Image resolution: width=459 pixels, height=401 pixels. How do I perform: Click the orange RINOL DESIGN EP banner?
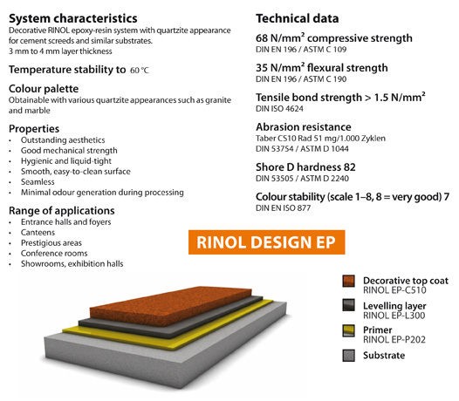click(x=266, y=242)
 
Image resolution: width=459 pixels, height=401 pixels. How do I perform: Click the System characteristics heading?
click(x=73, y=18)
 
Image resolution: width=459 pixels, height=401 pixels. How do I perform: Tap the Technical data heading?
click(x=297, y=18)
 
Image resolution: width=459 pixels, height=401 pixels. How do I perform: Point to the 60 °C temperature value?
click(x=140, y=71)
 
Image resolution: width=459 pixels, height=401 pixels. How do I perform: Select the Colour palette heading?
click(x=44, y=89)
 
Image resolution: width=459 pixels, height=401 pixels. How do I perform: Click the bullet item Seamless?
click(x=38, y=182)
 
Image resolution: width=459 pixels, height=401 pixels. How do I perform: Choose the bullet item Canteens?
click(x=38, y=233)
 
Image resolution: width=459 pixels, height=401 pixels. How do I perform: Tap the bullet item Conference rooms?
click(x=54, y=254)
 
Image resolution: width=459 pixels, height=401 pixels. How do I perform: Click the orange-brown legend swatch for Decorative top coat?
click(x=349, y=281)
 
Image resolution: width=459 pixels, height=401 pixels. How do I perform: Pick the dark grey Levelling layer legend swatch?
click(x=349, y=305)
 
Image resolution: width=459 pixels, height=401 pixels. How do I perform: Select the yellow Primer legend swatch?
click(x=349, y=330)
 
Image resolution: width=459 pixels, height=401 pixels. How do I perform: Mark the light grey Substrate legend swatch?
click(x=349, y=356)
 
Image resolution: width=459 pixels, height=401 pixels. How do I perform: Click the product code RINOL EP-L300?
click(x=394, y=316)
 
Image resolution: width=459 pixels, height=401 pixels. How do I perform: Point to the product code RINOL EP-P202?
click(x=394, y=340)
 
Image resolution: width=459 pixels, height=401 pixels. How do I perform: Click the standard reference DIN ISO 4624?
click(x=279, y=109)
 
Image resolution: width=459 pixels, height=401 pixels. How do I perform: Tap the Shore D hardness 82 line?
click(x=305, y=167)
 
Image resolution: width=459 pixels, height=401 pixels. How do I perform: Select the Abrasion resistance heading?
click(x=304, y=127)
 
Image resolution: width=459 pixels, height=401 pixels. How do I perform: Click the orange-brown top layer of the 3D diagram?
click(x=171, y=305)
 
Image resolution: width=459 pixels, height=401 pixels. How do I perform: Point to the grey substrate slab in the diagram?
click(x=164, y=361)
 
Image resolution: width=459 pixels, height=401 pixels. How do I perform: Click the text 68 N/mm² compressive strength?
click(x=334, y=38)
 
